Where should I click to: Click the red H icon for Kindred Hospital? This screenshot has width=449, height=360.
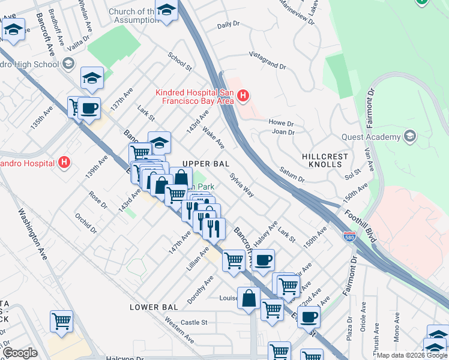pyautogui.click(x=243, y=95)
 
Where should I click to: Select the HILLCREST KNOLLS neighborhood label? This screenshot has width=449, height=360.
pyautogui.click(x=328, y=160)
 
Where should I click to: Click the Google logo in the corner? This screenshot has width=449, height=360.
pyautogui.click(x=19, y=353)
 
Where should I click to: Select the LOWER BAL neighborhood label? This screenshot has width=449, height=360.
pyautogui.click(x=154, y=307)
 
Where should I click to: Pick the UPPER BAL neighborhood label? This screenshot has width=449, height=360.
pyautogui.click(x=206, y=164)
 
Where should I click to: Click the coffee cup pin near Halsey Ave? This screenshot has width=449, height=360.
pyautogui.click(x=263, y=260)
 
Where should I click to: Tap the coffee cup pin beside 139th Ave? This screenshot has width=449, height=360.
pyautogui.click(x=89, y=109)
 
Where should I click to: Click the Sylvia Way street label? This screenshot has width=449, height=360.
pyautogui.click(x=241, y=185)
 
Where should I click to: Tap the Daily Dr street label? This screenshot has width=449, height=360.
pyautogui.click(x=228, y=25)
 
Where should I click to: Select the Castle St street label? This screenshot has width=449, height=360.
pyautogui.click(x=194, y=322)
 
